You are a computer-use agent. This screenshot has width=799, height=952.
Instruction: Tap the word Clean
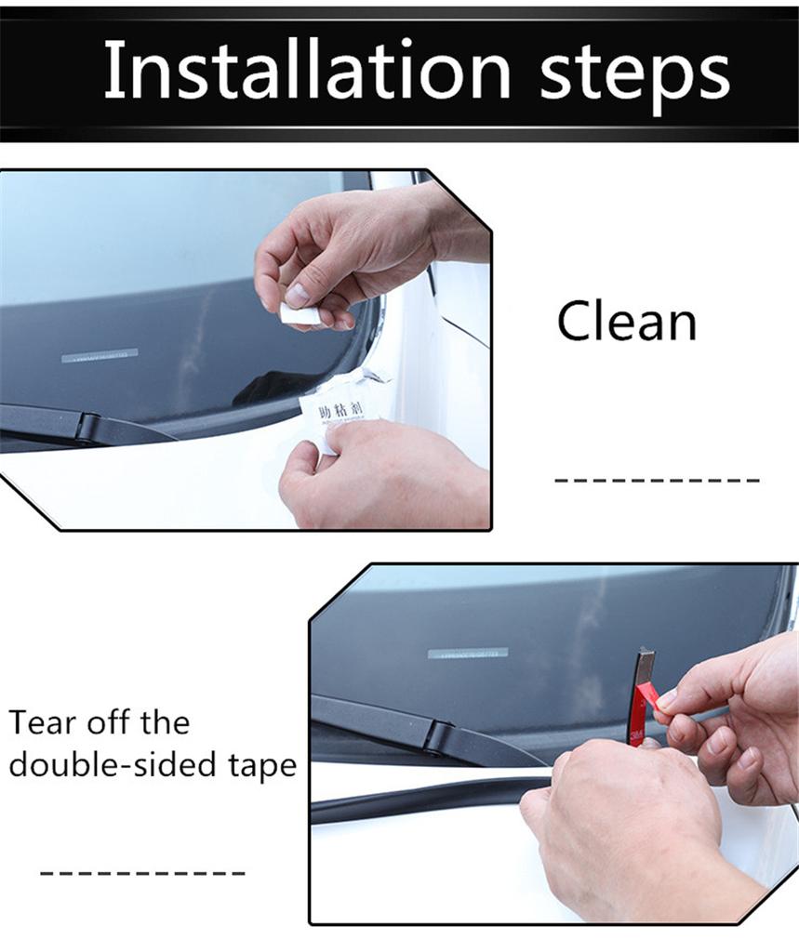[626, 322]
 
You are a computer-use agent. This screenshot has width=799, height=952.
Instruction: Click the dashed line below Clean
[657, 481]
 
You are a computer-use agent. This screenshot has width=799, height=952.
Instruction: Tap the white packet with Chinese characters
[339, 409]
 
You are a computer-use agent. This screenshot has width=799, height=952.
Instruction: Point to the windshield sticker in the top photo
[100, 355]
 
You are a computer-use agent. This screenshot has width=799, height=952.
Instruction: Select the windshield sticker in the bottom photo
[467, 653]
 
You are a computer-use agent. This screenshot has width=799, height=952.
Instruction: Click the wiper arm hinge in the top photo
[88, 428]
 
